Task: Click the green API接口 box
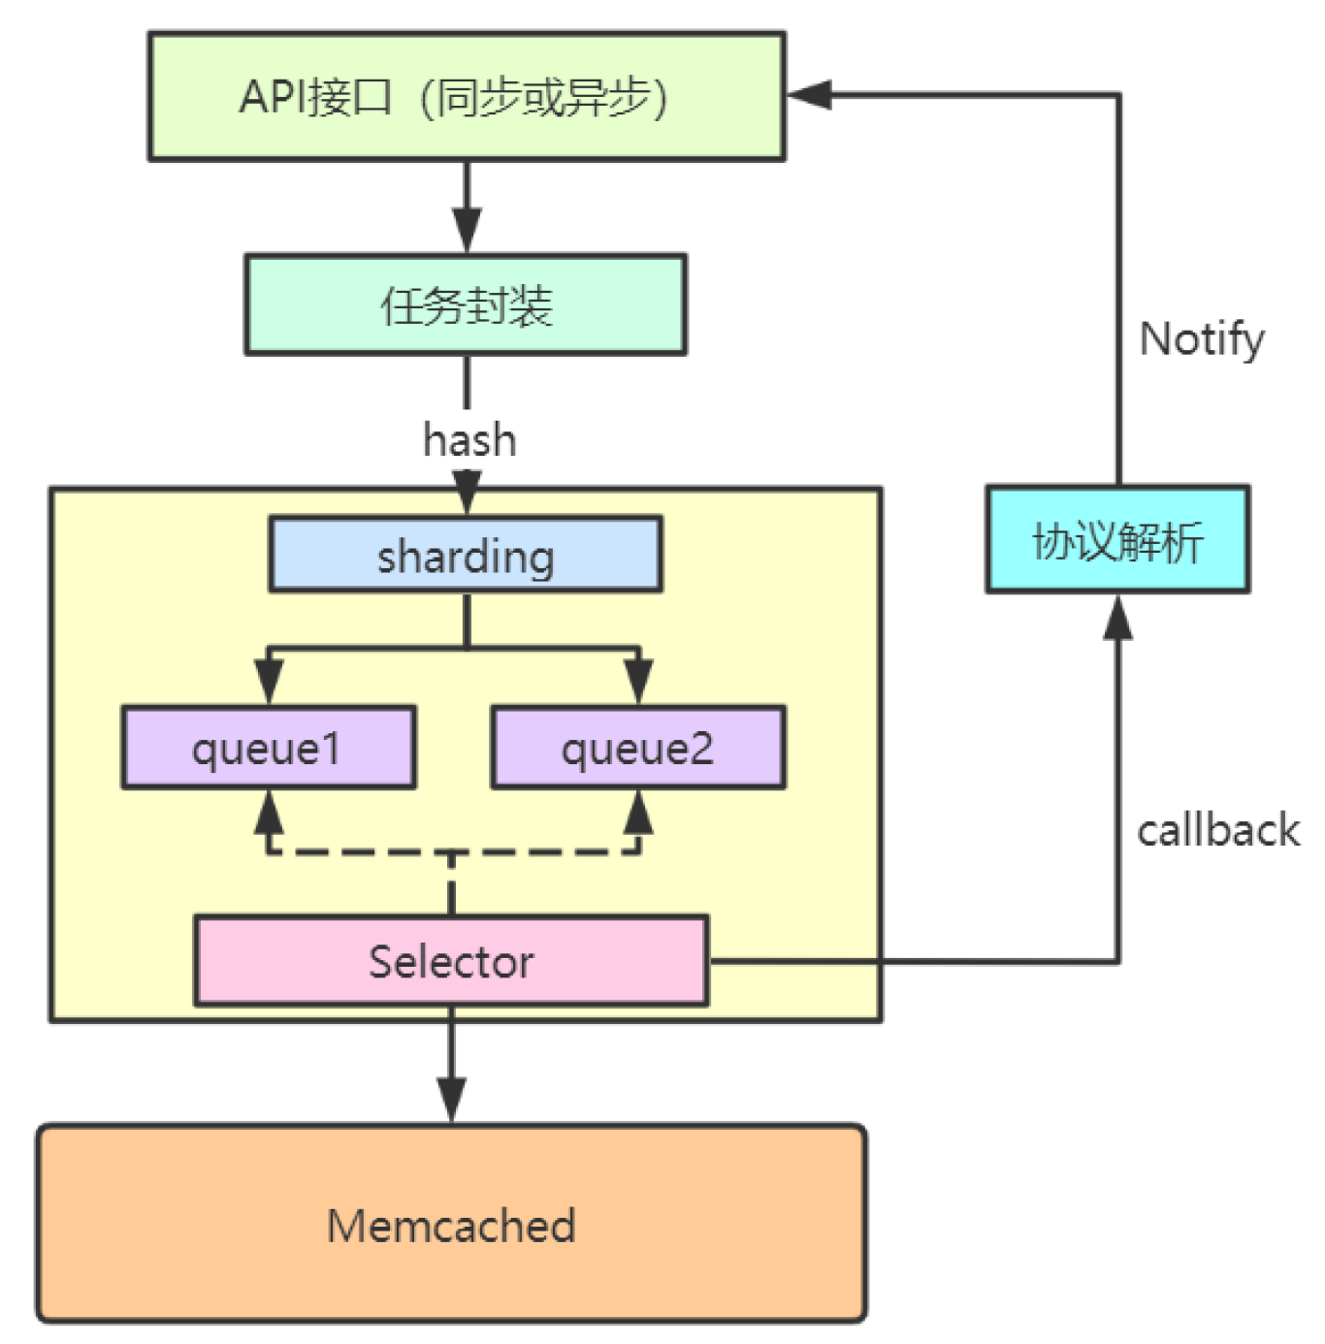467,96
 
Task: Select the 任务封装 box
466,304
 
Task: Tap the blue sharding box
466,555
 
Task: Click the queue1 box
269,748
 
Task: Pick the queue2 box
637,748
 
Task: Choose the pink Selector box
451,961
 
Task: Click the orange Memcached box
451,1224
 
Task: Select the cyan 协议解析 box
1117,539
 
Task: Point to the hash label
469,440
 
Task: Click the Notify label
1201,338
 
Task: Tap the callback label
1217,831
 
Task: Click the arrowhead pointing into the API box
809,95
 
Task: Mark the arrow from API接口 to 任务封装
467,208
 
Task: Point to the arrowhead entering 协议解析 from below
1117,619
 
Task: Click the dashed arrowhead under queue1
269,813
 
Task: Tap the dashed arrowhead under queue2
637,813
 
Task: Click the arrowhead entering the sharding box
467,493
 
